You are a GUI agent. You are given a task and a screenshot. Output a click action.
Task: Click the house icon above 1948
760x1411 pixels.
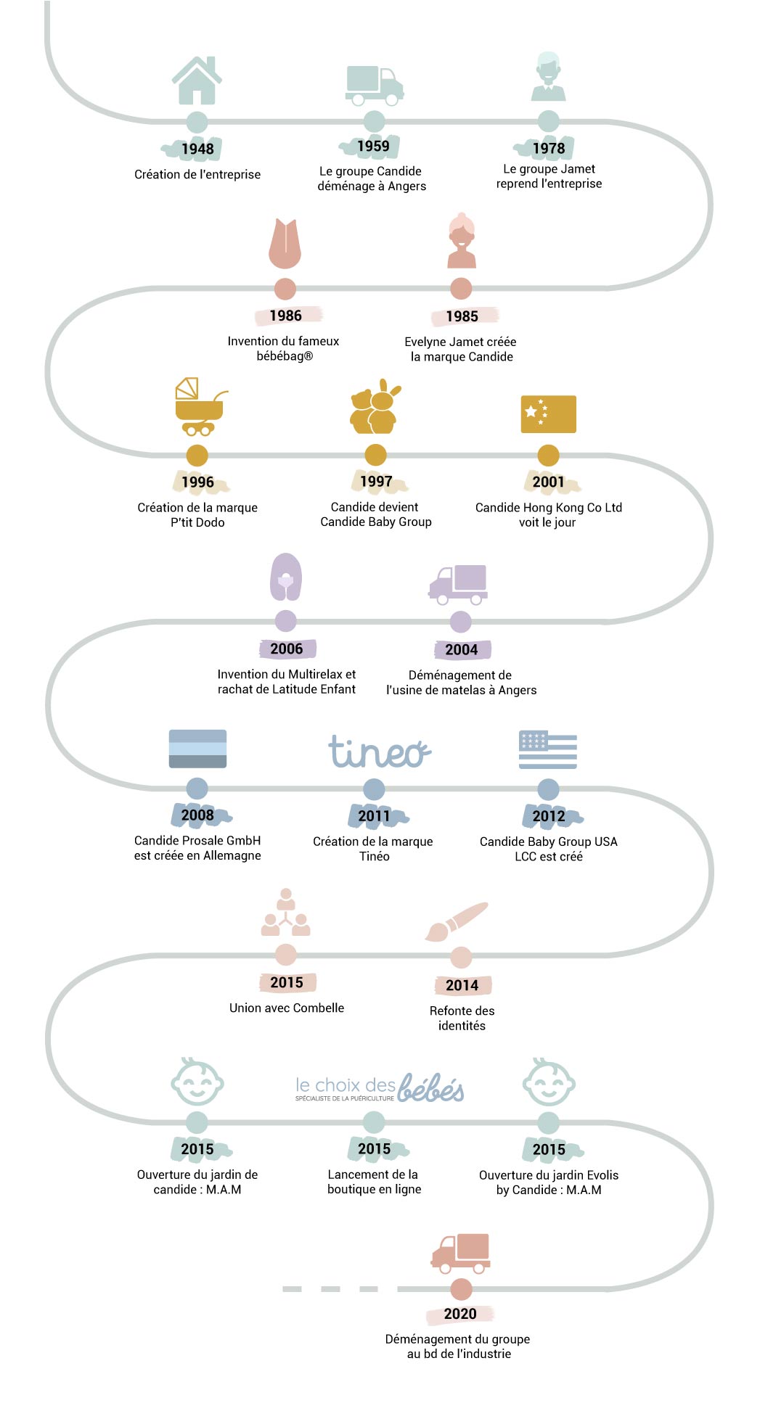tap(197, 80)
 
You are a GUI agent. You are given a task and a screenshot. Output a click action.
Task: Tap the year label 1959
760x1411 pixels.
tap(373, 146)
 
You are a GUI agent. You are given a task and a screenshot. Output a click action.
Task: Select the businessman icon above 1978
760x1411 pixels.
tap(548, 76)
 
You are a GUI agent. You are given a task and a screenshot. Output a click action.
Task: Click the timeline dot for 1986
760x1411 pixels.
tap(285, 289)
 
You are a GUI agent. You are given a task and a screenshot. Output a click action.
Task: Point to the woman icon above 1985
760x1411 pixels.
tap(462, 241)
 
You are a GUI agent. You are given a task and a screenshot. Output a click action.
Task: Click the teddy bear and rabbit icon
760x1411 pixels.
tap(375, 407)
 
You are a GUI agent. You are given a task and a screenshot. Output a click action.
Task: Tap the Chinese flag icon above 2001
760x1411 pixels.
tap(548, 414)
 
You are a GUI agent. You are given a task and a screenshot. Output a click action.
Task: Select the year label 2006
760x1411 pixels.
tap(286, 649)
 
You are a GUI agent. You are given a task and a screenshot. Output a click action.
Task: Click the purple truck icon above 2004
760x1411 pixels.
tap(458, 585)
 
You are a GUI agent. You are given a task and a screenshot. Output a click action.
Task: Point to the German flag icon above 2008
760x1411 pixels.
tap(197, 749)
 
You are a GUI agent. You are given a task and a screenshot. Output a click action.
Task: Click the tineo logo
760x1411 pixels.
tap(379, 752)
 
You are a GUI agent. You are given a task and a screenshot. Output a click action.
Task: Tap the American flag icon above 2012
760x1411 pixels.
tap(548, 749)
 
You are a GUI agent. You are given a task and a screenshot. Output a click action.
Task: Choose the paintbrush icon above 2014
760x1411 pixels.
tap(456, 922)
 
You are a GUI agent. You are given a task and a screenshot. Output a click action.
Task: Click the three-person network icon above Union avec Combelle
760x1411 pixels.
tap(286, 913)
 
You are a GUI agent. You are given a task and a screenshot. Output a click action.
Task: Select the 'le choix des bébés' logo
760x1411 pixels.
tap(380, 1087)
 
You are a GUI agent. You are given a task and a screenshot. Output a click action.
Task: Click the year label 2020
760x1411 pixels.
tap(460, 1314)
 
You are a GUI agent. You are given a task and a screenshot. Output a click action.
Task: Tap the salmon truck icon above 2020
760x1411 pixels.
tap(461, 1254)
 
